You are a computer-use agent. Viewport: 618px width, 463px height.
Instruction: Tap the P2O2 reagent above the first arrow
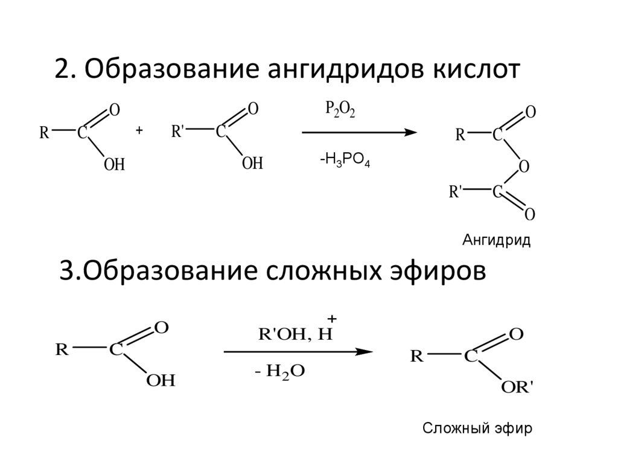pos(340,110)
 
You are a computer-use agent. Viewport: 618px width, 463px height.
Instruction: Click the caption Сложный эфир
pos(476,429)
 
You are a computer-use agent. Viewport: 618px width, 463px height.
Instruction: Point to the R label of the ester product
pos(416,356)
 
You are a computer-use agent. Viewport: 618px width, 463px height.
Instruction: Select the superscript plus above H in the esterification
pos(331,318)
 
